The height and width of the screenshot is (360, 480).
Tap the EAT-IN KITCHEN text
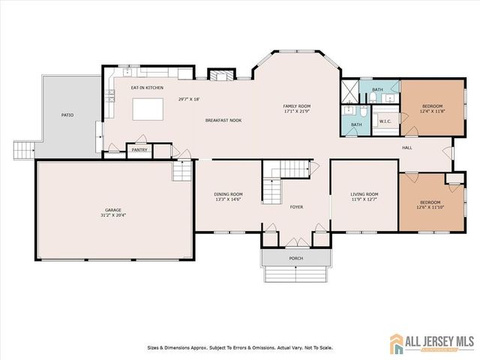[x=147, y=88]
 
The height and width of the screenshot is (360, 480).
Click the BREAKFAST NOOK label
[x=223, y=120]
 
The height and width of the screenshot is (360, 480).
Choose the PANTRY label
[x=140, y=150]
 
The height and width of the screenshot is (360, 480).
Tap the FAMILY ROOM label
[x=296, y=107]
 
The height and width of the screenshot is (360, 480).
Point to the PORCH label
[x=296, y=259]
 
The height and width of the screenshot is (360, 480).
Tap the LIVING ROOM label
[x=364, y=194]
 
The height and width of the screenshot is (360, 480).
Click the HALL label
[x=407, y=148]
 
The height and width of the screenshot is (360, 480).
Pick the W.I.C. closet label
[x=385, y=121]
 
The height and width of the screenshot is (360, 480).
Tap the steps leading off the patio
[x=25, y=150]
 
